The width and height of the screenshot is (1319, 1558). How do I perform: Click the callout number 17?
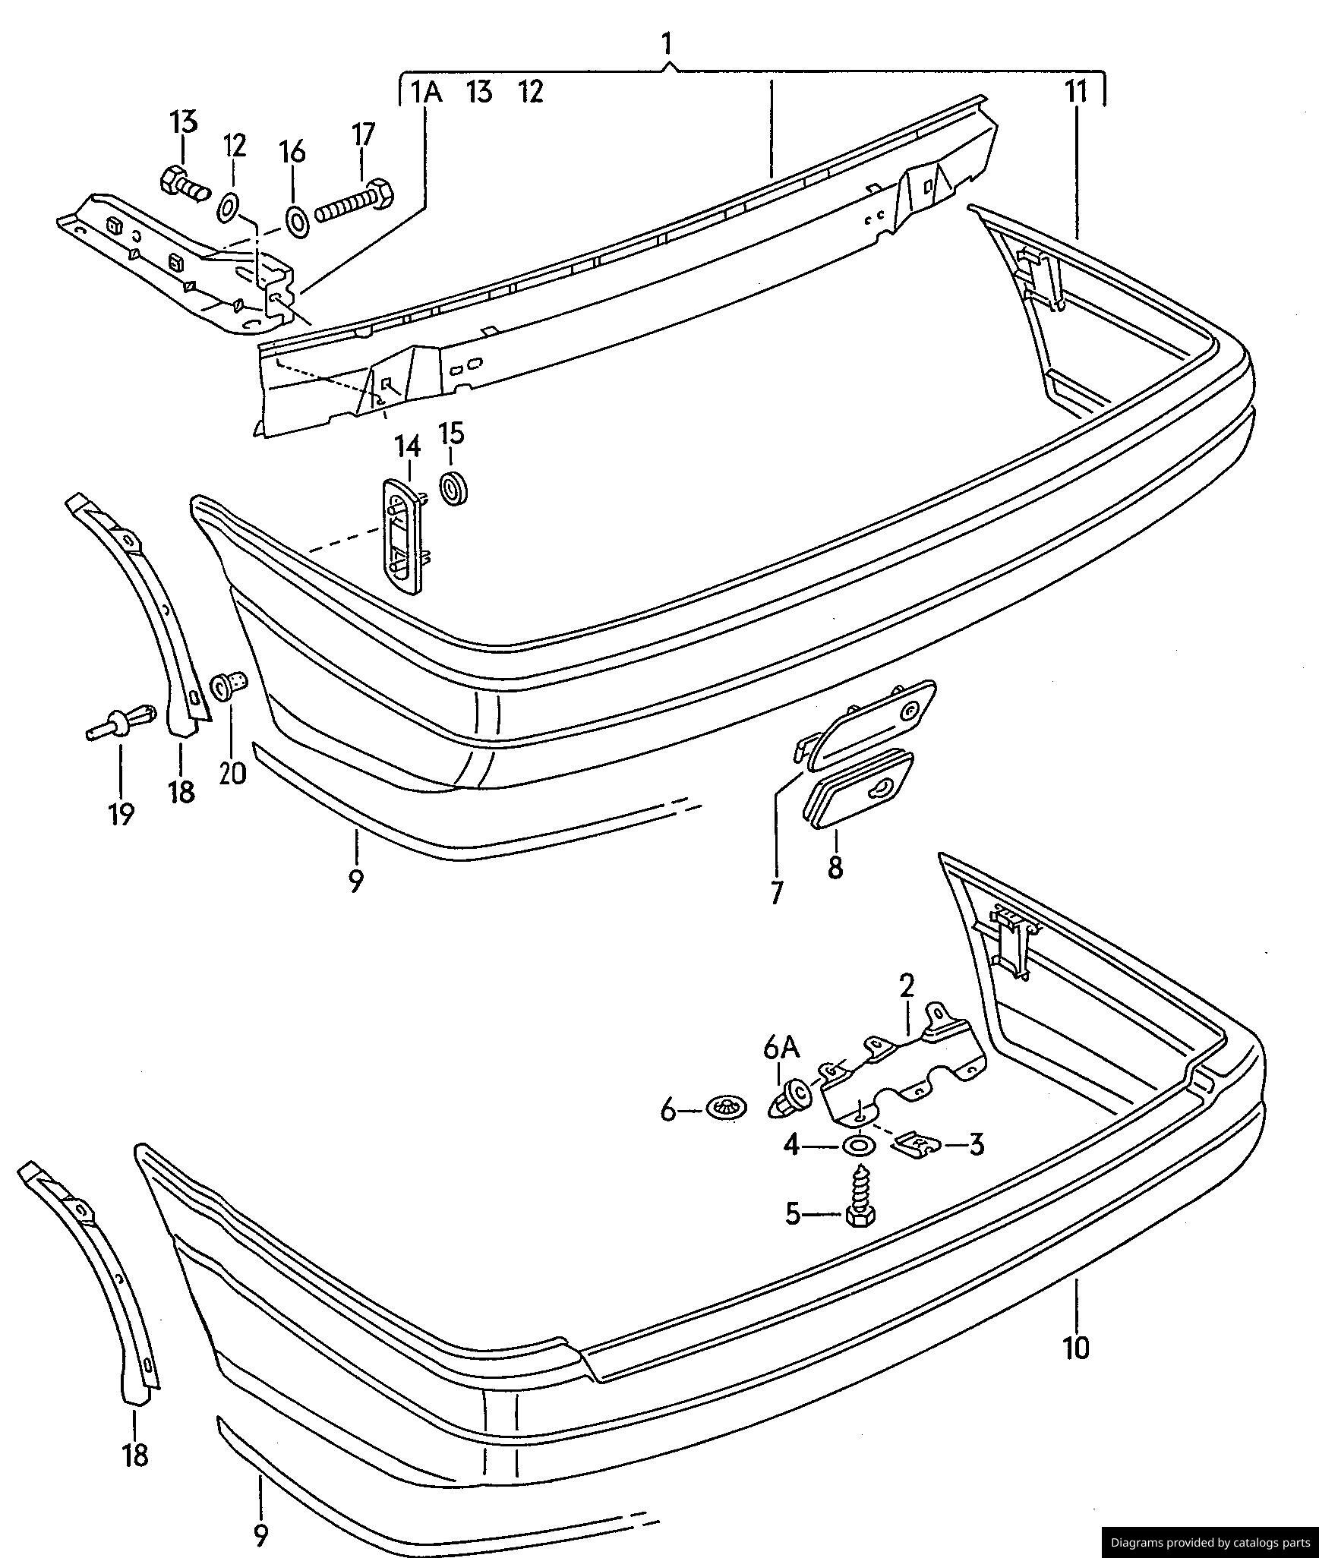click(x=363, y=135)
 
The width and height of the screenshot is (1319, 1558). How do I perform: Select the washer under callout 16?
click(x=296, y=221)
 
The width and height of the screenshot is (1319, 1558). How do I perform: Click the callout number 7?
click(x=776, y=893)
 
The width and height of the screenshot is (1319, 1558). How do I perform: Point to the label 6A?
click(x=781, y=1049)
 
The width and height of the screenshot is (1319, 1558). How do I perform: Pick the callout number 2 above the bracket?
click(x=907, y=986)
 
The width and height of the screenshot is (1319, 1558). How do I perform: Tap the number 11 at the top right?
click(x=1076, y=93)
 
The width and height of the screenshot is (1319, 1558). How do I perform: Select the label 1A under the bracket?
click(x=426, y=93)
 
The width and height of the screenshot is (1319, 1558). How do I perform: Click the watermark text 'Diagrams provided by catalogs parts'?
click(x=1210, y=1542)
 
